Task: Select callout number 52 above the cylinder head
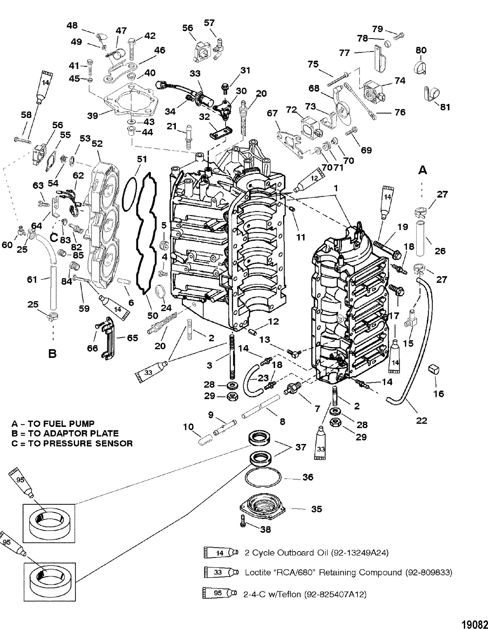(97, 143)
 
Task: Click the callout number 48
(72, 26)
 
